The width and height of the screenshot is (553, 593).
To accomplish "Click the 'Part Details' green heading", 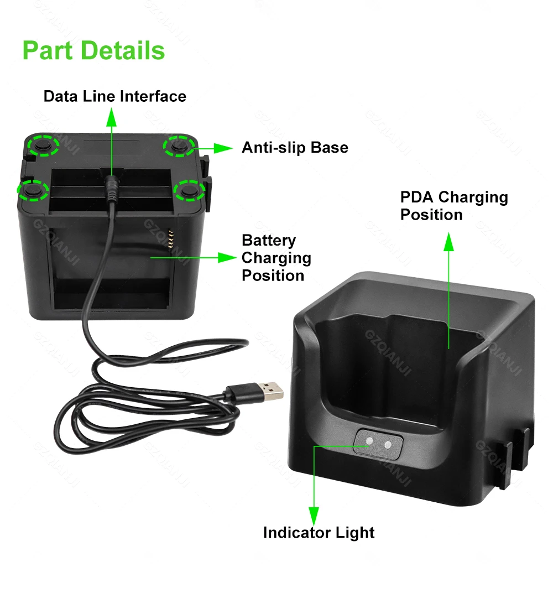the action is click(x=94, y=51).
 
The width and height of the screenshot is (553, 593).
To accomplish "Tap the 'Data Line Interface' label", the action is click(x=115, y=96).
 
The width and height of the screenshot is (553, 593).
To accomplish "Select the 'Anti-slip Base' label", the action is click(x=295, y=148).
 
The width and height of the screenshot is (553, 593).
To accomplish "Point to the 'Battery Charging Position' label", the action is click(x=276, y=258).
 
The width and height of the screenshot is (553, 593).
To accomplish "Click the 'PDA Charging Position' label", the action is click(x=454, y=206).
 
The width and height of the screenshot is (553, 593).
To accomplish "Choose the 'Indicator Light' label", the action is click(x=319, y=533).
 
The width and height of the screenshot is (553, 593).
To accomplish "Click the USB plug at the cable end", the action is click(x=254, y=392).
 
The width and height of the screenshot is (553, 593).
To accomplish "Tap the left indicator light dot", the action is click(x=369, y=441).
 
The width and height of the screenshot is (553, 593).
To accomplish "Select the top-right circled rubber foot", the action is click(x=179, y=146).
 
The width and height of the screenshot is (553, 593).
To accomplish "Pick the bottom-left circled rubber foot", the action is click(x=33, y=190).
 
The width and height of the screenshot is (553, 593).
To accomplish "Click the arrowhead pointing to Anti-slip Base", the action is click(x=223, y=148).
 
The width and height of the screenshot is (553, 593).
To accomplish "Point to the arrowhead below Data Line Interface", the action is click(x=112, y=117).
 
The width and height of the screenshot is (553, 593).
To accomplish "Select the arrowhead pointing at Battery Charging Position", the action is click(x=227, y=258).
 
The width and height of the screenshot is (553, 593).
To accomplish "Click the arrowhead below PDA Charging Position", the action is click(x=448, y=242).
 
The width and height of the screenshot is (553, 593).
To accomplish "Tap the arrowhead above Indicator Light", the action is click(x=314, y=516).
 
